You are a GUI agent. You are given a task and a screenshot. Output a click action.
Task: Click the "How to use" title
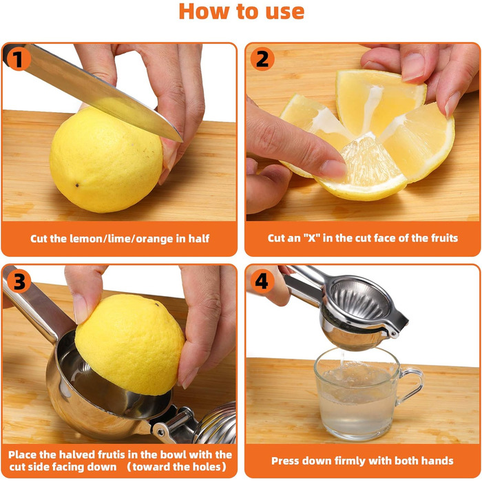(x=242, y=12)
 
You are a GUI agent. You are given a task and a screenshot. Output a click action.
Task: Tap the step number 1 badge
(x=17, y=59)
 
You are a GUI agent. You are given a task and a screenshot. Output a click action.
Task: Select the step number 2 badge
(x=262, y=59)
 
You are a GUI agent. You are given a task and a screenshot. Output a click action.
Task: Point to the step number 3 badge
(x=19, y=282)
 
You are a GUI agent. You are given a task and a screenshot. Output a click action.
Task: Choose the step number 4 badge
(x=262, y=281)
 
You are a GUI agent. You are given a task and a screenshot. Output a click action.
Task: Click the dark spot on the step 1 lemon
(x=77, y=185)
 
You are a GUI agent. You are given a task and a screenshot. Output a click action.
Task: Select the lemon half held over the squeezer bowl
(x=129, y=344)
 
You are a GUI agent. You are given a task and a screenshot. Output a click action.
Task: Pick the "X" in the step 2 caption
(x=312, y=238)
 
